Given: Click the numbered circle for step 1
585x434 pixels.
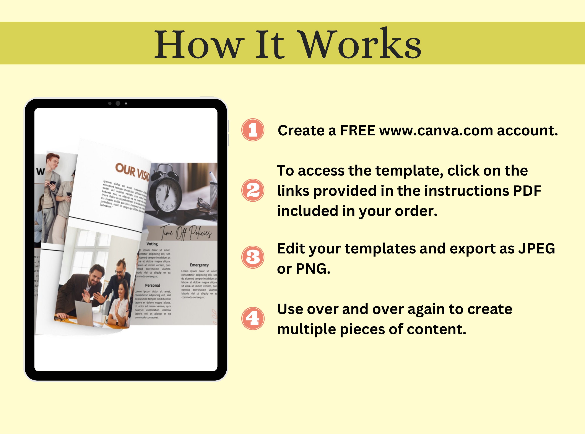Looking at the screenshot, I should pos(253,130).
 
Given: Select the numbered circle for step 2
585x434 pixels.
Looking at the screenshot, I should pos(253,190).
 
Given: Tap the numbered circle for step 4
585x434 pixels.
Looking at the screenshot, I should pos(253,318).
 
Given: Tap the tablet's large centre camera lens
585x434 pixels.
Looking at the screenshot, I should pos(118,103).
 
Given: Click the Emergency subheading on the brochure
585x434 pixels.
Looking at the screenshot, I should pos(199,265).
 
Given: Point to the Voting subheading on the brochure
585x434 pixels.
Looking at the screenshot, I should pos(152,244).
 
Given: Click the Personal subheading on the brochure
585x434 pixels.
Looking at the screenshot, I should pos(152,285).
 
